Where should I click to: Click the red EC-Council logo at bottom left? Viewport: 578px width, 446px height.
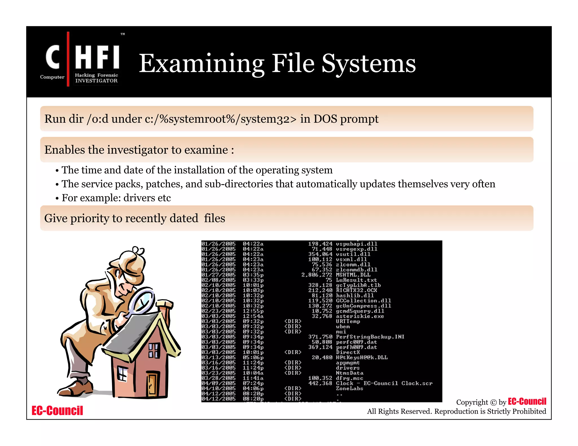tap(57, 410)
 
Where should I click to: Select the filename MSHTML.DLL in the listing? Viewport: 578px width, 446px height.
tap(353, 275)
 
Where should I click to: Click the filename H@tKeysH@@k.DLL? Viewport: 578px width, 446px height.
tap(362, 357)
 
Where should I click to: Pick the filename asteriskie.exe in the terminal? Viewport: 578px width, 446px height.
tap(360, 316)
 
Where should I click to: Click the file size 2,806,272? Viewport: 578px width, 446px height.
tap(317, 275)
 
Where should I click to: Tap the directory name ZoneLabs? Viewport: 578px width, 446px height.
tap(349, 388)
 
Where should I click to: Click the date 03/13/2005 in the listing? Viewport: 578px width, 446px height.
tap(218, 357)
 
